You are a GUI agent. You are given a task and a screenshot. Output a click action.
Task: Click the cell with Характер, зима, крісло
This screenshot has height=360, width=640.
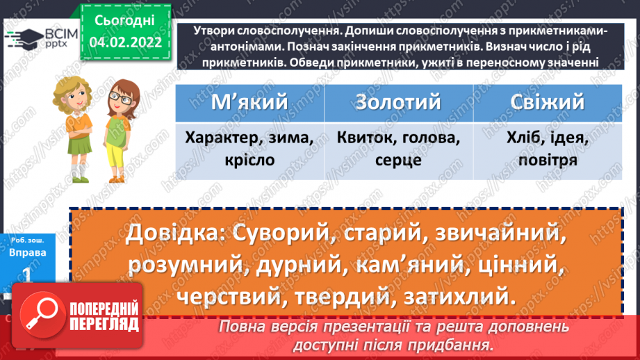[249, 149]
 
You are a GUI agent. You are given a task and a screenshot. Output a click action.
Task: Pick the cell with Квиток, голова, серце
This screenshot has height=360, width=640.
[398, 149]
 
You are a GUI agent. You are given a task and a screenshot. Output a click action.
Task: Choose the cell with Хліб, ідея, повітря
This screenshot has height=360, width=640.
[548, 149]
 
